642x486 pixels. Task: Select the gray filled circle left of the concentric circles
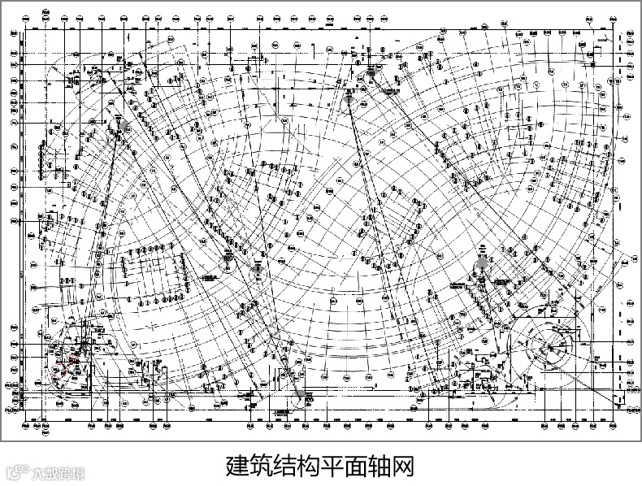click(482, 263)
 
